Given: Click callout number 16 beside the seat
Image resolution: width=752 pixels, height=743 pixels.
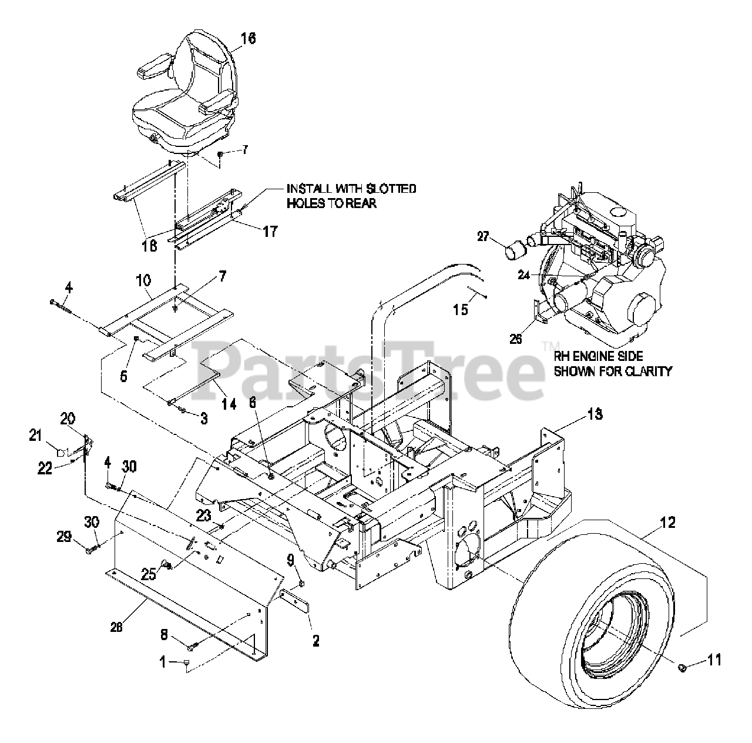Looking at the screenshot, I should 249,38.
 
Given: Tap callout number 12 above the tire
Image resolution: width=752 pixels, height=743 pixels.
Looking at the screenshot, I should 667,521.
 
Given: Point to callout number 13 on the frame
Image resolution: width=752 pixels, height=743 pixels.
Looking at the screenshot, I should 595,414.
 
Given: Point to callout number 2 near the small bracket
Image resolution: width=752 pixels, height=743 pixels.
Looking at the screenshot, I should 315,641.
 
